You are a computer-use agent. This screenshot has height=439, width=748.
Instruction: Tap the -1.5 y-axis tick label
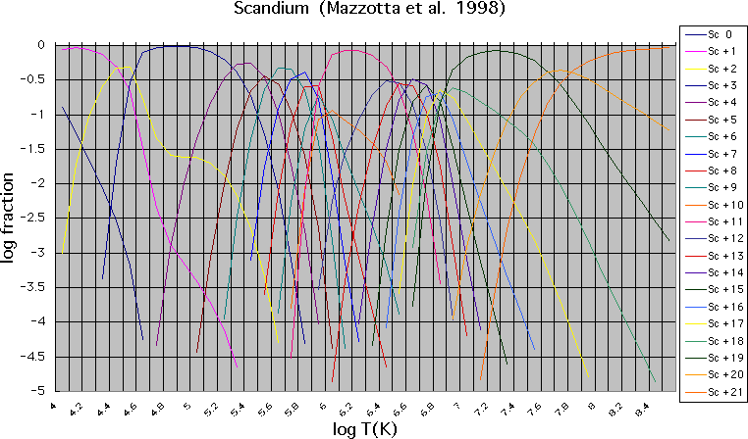(x=35, y=149)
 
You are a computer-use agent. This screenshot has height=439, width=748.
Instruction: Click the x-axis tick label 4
(x=55, y=402)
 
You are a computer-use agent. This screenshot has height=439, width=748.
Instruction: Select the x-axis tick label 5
(x=187, y=402)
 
